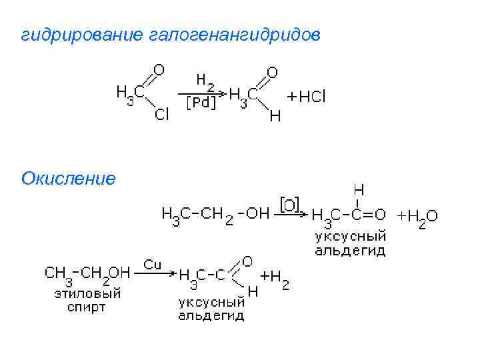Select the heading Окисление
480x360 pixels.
[69, 179]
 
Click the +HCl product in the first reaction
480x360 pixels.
[307, 97]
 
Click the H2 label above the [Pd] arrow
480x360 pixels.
[205, 81]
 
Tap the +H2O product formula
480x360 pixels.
[418, 217]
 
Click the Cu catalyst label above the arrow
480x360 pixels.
[153, 265]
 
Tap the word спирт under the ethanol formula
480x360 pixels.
[87, 307]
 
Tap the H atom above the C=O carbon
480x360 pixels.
[358, 189]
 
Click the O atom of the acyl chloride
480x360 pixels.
[159, 69]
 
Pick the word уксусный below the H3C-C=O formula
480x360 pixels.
[351, 237]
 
